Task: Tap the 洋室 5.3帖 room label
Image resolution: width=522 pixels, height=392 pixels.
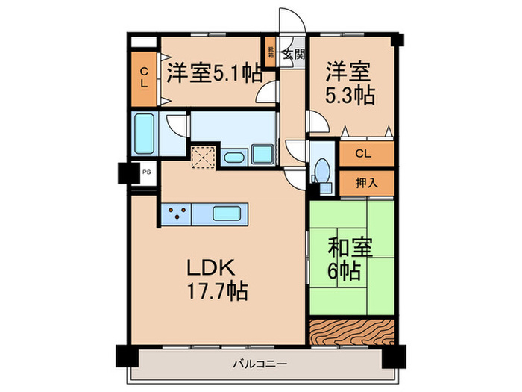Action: pyautogui.click(x=349, y=83)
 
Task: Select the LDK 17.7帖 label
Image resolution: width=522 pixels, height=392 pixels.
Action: pyautogui.click(x=217, y=277)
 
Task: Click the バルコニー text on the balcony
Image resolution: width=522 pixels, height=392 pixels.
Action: pyautogui.click(x=261, y=365)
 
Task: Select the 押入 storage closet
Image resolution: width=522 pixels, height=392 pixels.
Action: pyautogui.click(x=366, y=181)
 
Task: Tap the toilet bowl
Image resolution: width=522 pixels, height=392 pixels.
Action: pyautogui.click(x=322, y=169)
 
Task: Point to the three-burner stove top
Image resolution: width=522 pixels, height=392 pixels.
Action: pyautogui.click(x=177, y=214)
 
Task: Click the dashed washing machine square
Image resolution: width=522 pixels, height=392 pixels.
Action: pyautogui.click(x=203, y=156)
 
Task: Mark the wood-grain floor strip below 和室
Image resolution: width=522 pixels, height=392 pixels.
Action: pyautogui.click(x=351, y=332)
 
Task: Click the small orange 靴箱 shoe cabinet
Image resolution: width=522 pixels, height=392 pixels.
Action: pyautogui.click(x=271, y=53)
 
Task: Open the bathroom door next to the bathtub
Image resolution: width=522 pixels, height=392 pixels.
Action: pyautogui.click(x=176, y=126)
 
